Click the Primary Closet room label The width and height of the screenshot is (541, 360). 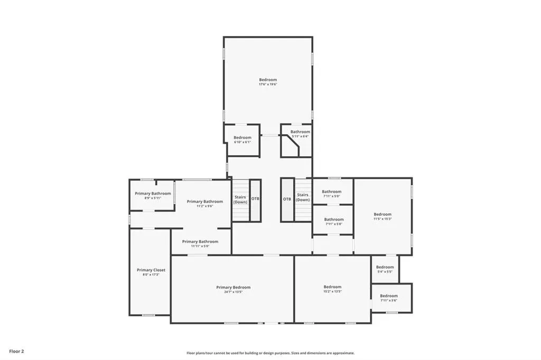151,270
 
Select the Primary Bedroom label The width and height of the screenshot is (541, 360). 233,287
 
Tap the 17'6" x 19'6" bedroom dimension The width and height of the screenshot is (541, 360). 268,84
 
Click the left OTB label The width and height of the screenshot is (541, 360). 255,199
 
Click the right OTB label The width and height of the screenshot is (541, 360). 287,199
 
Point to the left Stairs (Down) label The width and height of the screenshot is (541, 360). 240,199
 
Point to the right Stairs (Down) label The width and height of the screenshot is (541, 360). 303,197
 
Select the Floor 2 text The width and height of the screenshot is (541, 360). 16,350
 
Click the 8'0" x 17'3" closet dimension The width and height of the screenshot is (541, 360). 151,275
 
